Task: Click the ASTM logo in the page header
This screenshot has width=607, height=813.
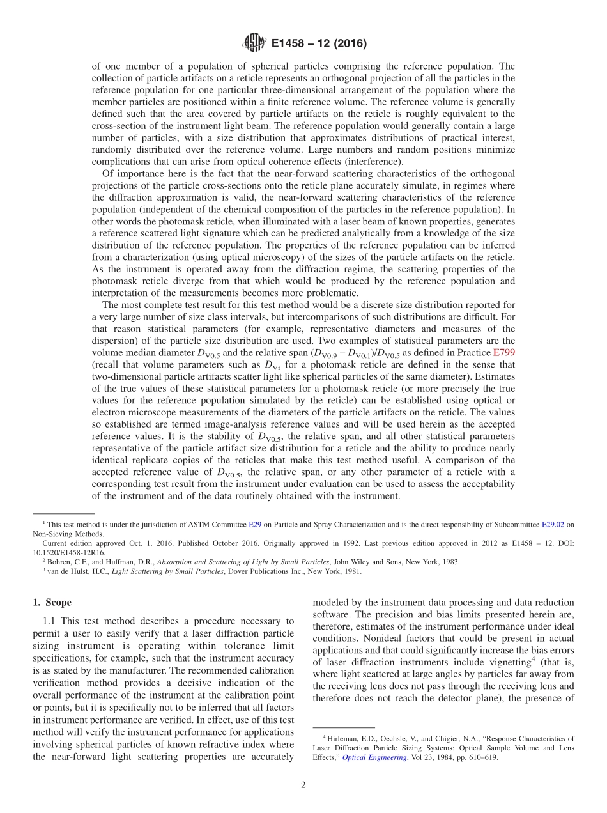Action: [254, 43]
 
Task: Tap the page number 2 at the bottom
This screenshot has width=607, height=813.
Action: [303, 786]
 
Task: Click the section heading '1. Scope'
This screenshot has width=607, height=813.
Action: [52, 602]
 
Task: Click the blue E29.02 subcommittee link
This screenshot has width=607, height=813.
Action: [554, 524]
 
